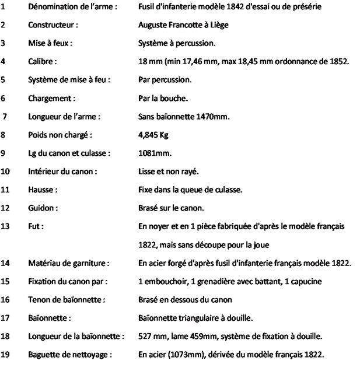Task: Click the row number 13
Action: [x=6, y=225]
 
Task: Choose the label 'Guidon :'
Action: [x=42, y=207]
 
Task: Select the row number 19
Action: [x=6, y=355]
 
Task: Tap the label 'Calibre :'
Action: [x=41, y=60]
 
